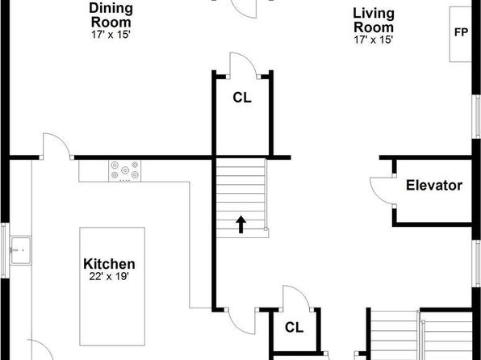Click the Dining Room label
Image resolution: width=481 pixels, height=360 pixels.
(x=111, y=15)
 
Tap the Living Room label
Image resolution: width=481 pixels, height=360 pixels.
(x=374, y=20)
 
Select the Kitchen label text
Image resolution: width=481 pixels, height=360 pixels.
(x=109, y=264)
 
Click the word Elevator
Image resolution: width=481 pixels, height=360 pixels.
(x=434, y=186)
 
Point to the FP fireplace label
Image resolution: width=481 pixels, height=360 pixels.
(x=461, y=32)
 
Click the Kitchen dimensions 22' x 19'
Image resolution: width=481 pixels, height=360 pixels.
(x=109, y=277)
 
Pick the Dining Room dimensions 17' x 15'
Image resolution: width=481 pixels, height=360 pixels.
(x=111, y=35)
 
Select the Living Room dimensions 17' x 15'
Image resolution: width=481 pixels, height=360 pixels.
(x=374, y=40)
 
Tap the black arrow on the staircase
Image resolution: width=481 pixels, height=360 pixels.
(x=240, y=224)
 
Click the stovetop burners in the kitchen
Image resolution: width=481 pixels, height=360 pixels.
(x=124, y=170)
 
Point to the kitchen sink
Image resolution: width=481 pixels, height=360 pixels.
(x=20, y=250)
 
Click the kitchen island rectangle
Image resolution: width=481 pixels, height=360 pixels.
(x=112, y=287)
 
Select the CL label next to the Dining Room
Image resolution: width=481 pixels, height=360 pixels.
(x=242, y=98)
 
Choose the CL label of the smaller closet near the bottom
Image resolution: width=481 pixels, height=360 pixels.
(x=294, y=328)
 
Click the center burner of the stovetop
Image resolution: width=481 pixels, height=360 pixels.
(x=125, y=170)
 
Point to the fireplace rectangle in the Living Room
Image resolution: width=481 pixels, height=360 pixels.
(x=460, y=35)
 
